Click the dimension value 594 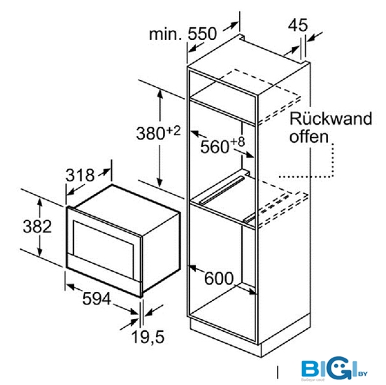[x=96, y=298]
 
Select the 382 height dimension [x=37, y=226]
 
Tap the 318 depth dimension [x=80, y=175]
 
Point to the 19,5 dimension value [x=148, y=337]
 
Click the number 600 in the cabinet [x=219, y=279]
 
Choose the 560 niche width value [x=215, y=147]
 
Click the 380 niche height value [x=150, y=134]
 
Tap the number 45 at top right [x=298, y=24]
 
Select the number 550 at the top [x=202, y=34]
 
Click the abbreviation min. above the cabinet [x=166, y=34]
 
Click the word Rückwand [x=331, y=118]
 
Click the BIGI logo [x=334, y=368]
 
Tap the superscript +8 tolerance [x=238, y=142]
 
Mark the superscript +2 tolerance [x=173, y=131]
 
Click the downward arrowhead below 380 [x=159, y=183]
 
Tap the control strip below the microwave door [x=103, y=275]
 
